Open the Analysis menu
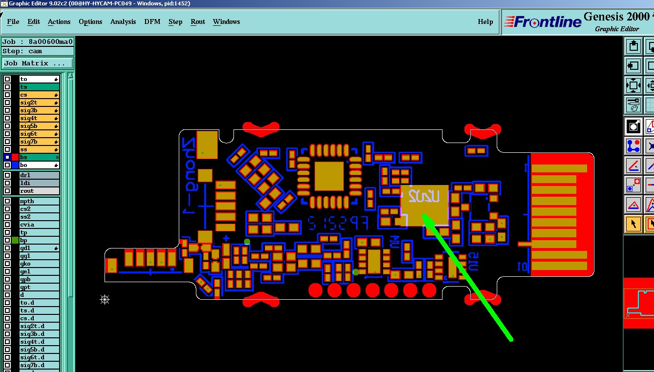click(123, 21)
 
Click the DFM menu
click(152, 21)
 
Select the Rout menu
click(197, 21)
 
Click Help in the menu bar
click(485, 21)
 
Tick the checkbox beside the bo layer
click(7, 165)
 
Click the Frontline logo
click(543, 22)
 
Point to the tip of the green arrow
click(423, 215)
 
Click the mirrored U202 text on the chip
click(424, 196)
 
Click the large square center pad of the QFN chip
click(329, 176)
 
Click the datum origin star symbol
click(105, 299)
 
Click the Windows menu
click(226, 21)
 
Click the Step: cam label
click(22, 51)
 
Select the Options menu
click(90, 21)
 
